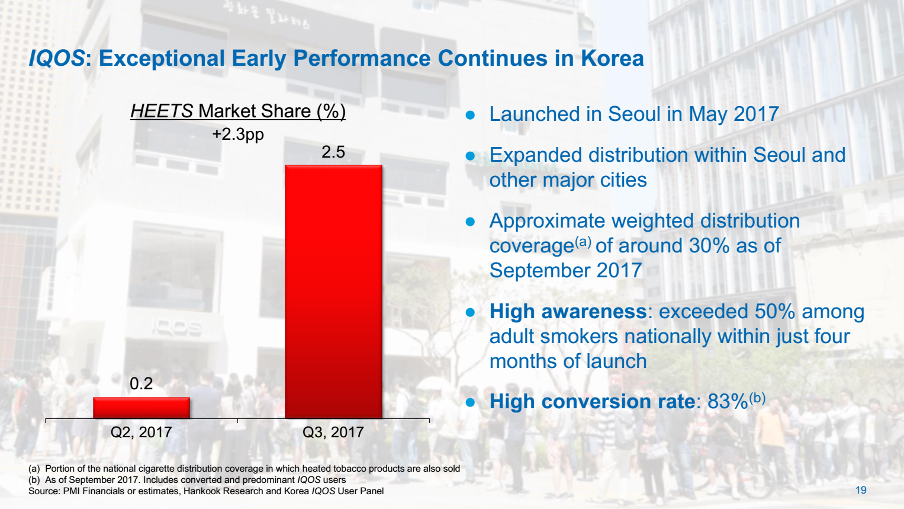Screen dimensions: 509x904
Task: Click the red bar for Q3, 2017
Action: click(x=333, y=292)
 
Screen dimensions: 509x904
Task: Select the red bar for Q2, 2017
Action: click(x=141, y=408)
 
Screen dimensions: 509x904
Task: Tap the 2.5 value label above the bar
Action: click(x=333, y=152)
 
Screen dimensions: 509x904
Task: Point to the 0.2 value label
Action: click(x=141, y=384)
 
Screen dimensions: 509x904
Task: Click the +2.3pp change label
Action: click(x=238, y=135)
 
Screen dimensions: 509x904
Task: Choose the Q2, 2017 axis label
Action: click(x=141, y=433)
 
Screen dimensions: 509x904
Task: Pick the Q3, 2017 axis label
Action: click(x=333, y=433)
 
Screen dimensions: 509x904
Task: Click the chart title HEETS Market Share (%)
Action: click(x=238, y=111)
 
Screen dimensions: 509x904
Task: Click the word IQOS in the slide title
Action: click(x=57, y=59)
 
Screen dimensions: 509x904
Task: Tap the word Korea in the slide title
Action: click(x=612, y=59)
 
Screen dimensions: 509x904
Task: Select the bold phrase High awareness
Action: click(x=568, y=312)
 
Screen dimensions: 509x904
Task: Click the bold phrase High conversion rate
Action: click(x=592, y=402)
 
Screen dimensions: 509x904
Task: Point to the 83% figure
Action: click(x=728, y=402)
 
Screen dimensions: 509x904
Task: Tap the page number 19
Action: click(x=861, y=490)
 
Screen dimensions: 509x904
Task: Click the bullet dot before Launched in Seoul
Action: click(x=471, y=115)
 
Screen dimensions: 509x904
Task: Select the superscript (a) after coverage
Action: click(x=583, y=242)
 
